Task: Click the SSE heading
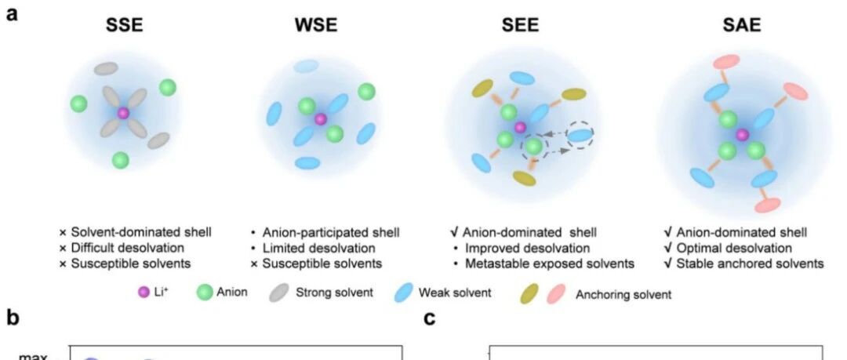[124, 25]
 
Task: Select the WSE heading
[317, 25]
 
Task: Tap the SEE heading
[520, 25]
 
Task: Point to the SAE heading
[742, 25]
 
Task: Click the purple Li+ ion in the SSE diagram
[123, 113]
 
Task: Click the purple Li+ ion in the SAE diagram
[742, 135]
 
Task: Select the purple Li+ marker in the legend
[144, 293]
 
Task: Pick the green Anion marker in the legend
[205, 293]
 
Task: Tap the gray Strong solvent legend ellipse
[278, 293]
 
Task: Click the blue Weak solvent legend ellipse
[404, 293]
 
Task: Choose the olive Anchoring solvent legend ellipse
[529, 295]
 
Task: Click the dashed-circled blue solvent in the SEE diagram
[580, 135]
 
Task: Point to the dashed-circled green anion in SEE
[534, 147]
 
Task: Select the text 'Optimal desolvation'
[735, 248]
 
